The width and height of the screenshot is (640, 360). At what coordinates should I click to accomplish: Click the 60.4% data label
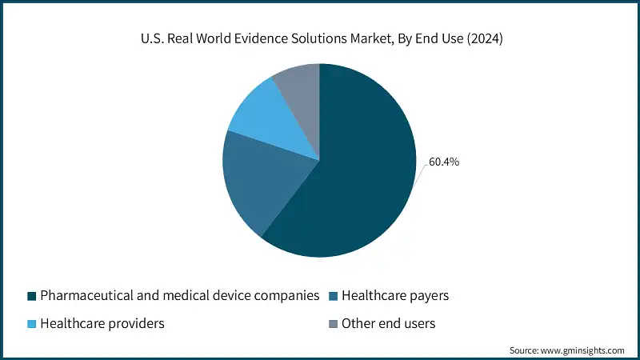point(444,162)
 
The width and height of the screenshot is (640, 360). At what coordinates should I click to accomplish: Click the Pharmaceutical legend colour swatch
point(32,296)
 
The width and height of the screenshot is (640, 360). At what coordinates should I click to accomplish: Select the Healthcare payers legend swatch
point(333,296)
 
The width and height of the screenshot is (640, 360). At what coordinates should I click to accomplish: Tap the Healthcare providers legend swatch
point(32,324)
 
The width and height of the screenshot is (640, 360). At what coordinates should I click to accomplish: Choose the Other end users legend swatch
point(333,324)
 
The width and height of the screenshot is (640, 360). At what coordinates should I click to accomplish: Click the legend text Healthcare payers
point(395,296)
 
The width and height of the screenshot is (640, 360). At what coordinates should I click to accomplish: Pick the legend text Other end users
point(388,324)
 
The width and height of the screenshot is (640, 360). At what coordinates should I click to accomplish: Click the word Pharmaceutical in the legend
point(82,296)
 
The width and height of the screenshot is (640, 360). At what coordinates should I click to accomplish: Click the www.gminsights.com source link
point(582,350)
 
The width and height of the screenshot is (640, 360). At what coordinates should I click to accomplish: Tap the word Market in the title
point(365,38)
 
